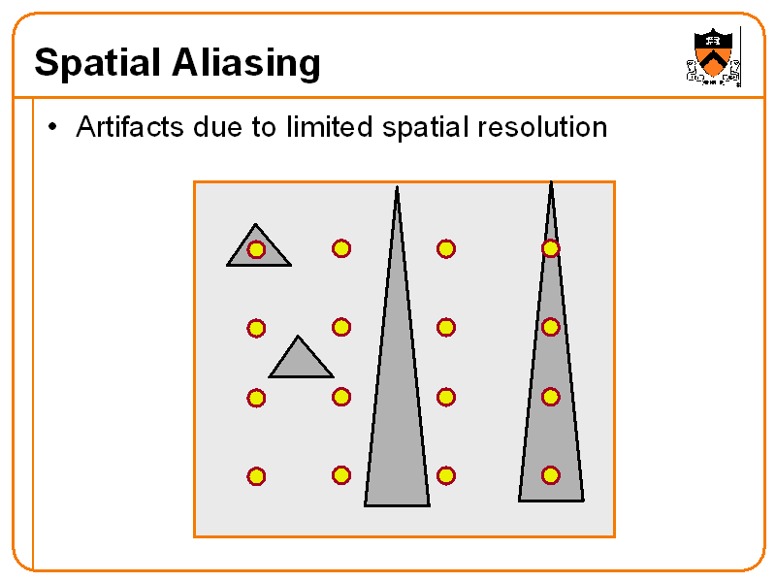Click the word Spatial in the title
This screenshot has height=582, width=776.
point(97,64)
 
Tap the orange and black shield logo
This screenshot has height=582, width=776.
point(714,56)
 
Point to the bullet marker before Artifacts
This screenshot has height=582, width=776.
point(53,127)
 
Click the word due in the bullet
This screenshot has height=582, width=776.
point(218,127)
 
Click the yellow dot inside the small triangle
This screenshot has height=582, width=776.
point(256,249)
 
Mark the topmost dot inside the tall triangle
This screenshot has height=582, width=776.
point(550,248)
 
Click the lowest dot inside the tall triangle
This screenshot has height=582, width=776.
point(550,475)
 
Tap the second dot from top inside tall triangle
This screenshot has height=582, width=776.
point(550,327)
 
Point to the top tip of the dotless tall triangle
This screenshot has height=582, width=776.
point(397,188)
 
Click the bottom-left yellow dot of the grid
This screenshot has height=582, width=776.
point(256,476)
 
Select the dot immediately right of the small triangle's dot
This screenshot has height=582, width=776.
point(341,248)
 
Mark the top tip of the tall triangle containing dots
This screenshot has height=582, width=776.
point(551,184)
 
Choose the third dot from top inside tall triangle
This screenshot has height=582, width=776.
point(550,397)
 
